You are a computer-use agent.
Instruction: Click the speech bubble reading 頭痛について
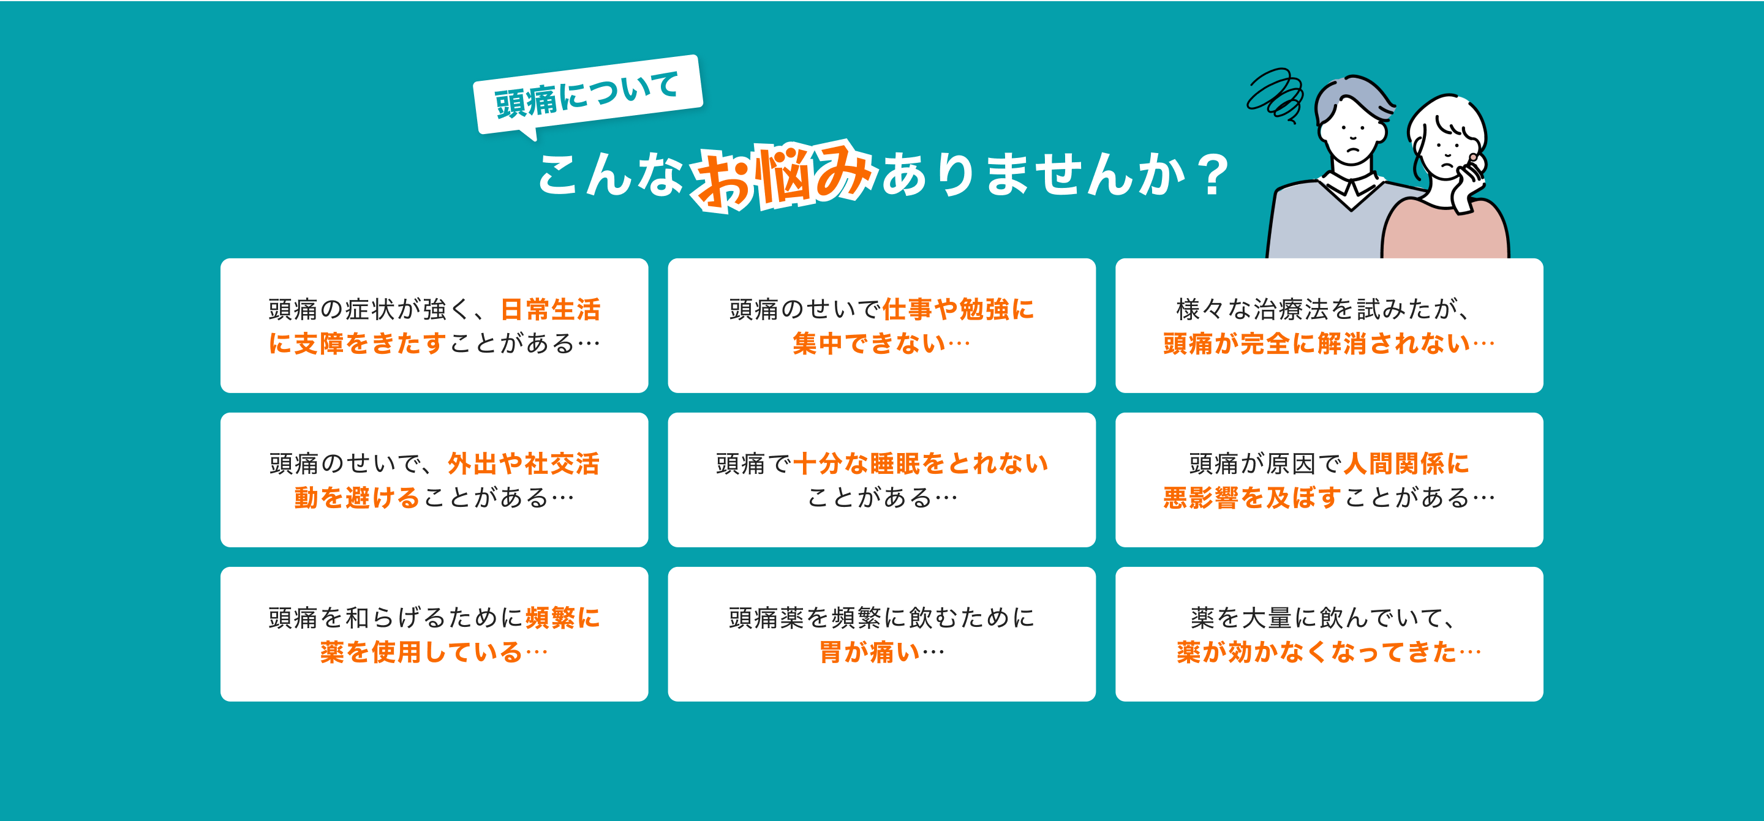tap(587, 94)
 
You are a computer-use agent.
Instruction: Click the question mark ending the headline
tap(1213, 175)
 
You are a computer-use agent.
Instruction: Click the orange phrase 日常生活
tap(551, 310)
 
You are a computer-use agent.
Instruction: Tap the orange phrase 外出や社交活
tap(524, 463)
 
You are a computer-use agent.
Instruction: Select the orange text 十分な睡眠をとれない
tap(921, 463)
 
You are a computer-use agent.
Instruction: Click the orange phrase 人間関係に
tap(1406, 463)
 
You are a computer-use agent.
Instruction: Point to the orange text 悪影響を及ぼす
tap(1252, 498)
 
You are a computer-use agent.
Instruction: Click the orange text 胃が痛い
tap(870, 652)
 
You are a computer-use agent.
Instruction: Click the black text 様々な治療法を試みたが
tap(1322, 310)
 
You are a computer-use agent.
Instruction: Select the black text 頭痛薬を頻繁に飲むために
tap(881, 618)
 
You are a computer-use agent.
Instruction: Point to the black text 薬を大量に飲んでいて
tap(1322, 618)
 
